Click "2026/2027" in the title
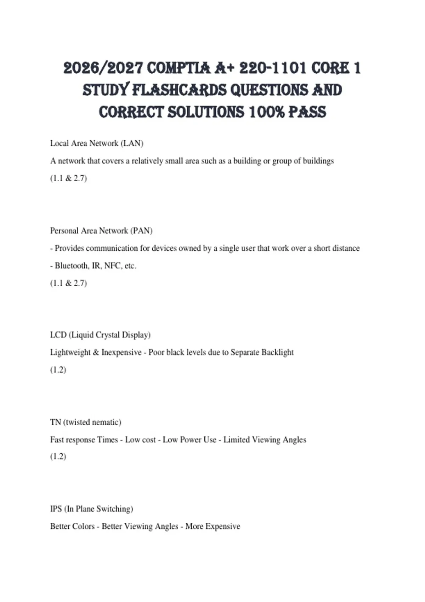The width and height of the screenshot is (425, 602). [x=103, y=68]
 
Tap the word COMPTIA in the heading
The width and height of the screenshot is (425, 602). [x=178, y=68]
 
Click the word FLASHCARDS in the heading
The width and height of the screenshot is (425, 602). [x=179, y=90]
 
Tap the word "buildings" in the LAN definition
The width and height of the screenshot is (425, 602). [x=318, y=161]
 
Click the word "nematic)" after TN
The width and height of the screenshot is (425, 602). [x=107, y=422]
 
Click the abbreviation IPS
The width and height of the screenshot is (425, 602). [x=56, y=509]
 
